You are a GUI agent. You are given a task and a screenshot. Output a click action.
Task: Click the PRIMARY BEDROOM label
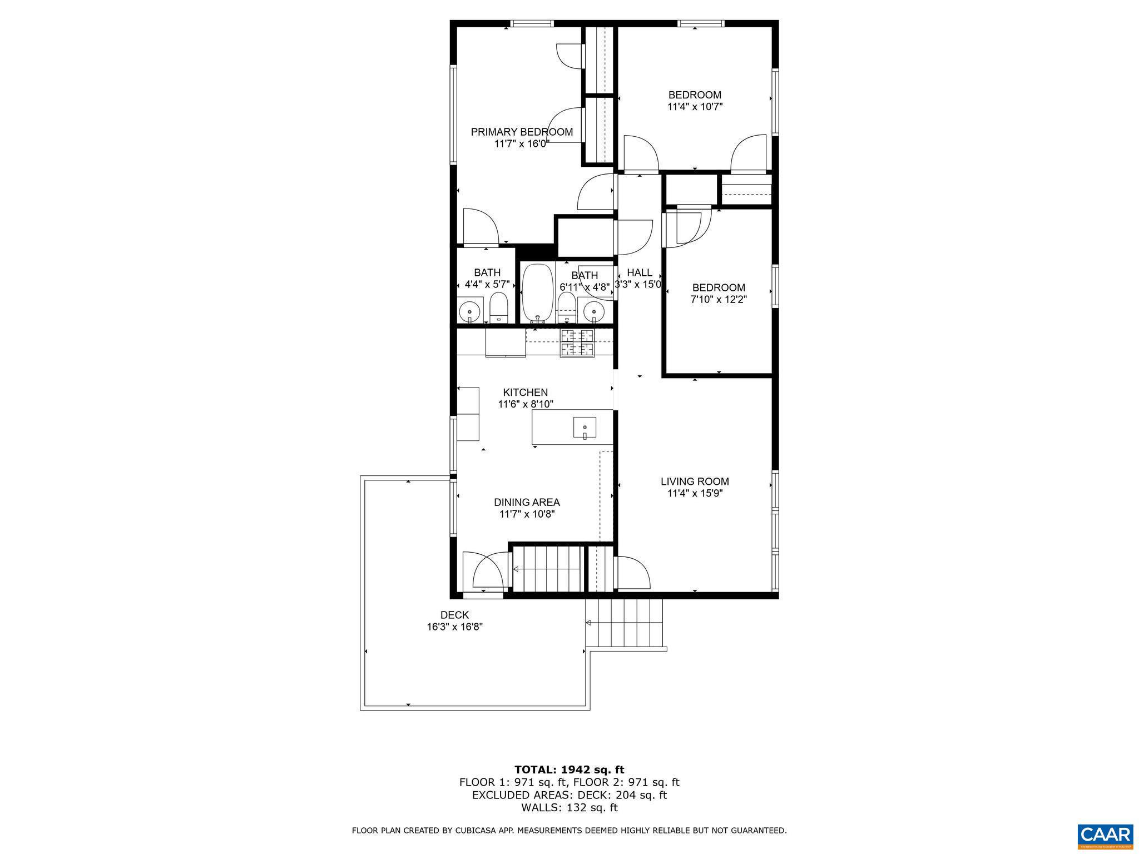pos(522,132)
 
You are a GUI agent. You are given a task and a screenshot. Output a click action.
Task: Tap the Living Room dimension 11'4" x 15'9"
pos(695,493)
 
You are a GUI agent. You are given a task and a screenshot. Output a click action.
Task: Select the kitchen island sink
pos(585,428)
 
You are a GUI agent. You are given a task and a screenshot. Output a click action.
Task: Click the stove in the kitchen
pos(577,342)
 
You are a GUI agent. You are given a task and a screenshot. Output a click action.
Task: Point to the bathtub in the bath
pos(537,293)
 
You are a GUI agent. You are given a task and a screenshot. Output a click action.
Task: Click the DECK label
pos(454,615)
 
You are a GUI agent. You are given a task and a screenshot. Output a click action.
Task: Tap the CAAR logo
pos(1105,835)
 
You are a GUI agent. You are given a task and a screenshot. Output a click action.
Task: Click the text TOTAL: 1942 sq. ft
pos(569,769)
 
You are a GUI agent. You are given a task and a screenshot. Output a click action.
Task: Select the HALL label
pos(639,272)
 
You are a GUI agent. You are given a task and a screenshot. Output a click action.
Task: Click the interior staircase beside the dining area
pos(547,569)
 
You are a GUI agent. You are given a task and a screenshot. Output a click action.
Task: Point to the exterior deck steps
pos(625,623)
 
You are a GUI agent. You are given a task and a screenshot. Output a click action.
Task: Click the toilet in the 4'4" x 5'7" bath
pos(499,309)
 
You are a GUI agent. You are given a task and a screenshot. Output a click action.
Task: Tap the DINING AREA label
pos(527,502)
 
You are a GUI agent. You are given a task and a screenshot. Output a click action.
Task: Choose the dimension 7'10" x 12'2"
pos(719,299)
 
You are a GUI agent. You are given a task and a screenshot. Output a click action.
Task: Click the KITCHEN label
pos(526,393)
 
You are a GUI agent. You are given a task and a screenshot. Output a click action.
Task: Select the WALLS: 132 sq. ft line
pos(569,808)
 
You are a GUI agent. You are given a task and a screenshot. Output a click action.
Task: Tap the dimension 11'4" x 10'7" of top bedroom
pos(695,106)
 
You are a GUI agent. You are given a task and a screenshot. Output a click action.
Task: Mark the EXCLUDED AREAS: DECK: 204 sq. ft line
pos(569,795)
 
